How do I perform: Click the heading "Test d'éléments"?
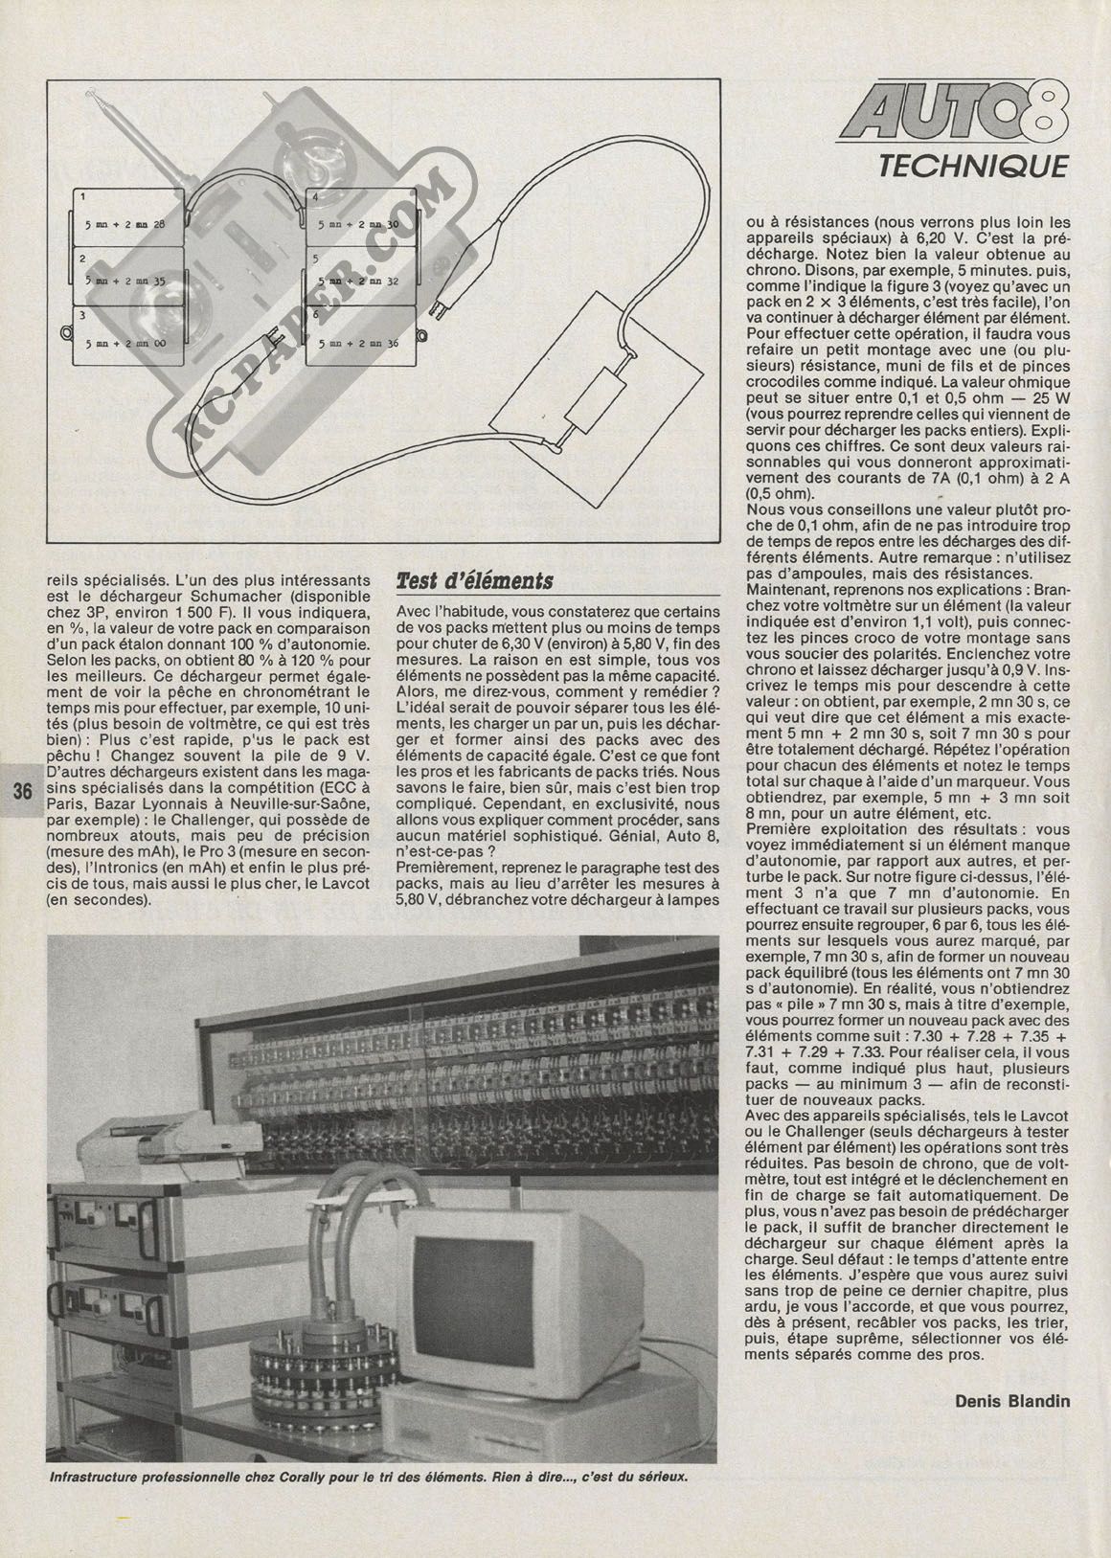click(474, 581)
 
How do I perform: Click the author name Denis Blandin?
click(1012, 1401)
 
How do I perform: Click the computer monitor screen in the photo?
click(466, 1289)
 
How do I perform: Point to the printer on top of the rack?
click(168, 1144)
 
